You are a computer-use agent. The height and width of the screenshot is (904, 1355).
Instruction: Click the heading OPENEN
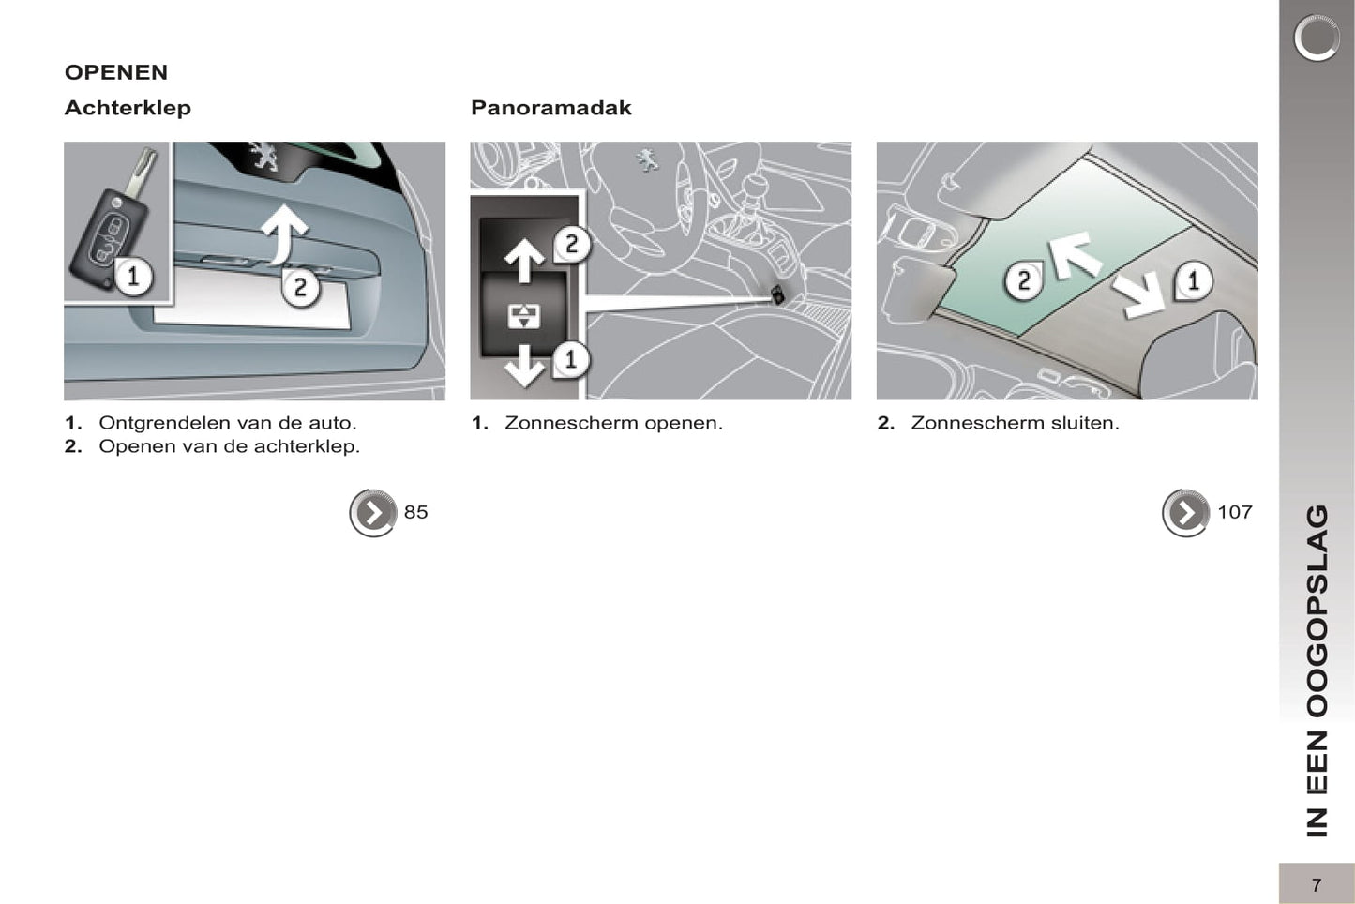[x=116, y=72]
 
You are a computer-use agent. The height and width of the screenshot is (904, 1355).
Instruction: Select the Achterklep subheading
[x=128, y=108]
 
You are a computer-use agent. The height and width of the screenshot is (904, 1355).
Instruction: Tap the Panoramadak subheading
[x=551, y=108]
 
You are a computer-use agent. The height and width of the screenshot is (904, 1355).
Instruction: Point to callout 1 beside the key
[x=132, y=278]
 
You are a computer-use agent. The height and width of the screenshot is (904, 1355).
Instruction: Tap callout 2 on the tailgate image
[x=300, y=287]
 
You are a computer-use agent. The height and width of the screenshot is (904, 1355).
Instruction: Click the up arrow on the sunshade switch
[x=524, y=260]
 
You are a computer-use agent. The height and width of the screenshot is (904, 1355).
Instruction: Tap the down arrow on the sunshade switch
[x=524, y=365]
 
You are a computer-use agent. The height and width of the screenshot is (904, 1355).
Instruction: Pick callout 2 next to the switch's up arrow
[x=571, y=245]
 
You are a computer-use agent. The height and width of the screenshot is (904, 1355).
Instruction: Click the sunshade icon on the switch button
[x=524, y=316]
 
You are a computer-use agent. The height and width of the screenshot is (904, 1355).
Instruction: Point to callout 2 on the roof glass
[x=1023, y=280]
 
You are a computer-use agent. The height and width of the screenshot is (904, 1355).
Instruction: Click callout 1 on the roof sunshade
[x=1193, y=280]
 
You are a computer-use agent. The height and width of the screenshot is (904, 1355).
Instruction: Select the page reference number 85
[x=416, y=513]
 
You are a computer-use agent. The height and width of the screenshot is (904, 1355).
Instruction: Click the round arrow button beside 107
[x=1185, y=513]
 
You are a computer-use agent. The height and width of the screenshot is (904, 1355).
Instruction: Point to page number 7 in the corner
[x=1317, y=885]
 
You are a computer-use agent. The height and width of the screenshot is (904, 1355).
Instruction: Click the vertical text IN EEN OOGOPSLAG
[x=1317, y=671]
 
